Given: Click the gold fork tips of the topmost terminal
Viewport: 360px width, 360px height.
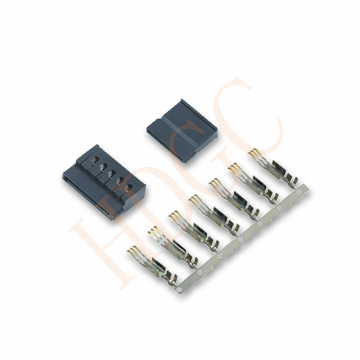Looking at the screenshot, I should [254, 153].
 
